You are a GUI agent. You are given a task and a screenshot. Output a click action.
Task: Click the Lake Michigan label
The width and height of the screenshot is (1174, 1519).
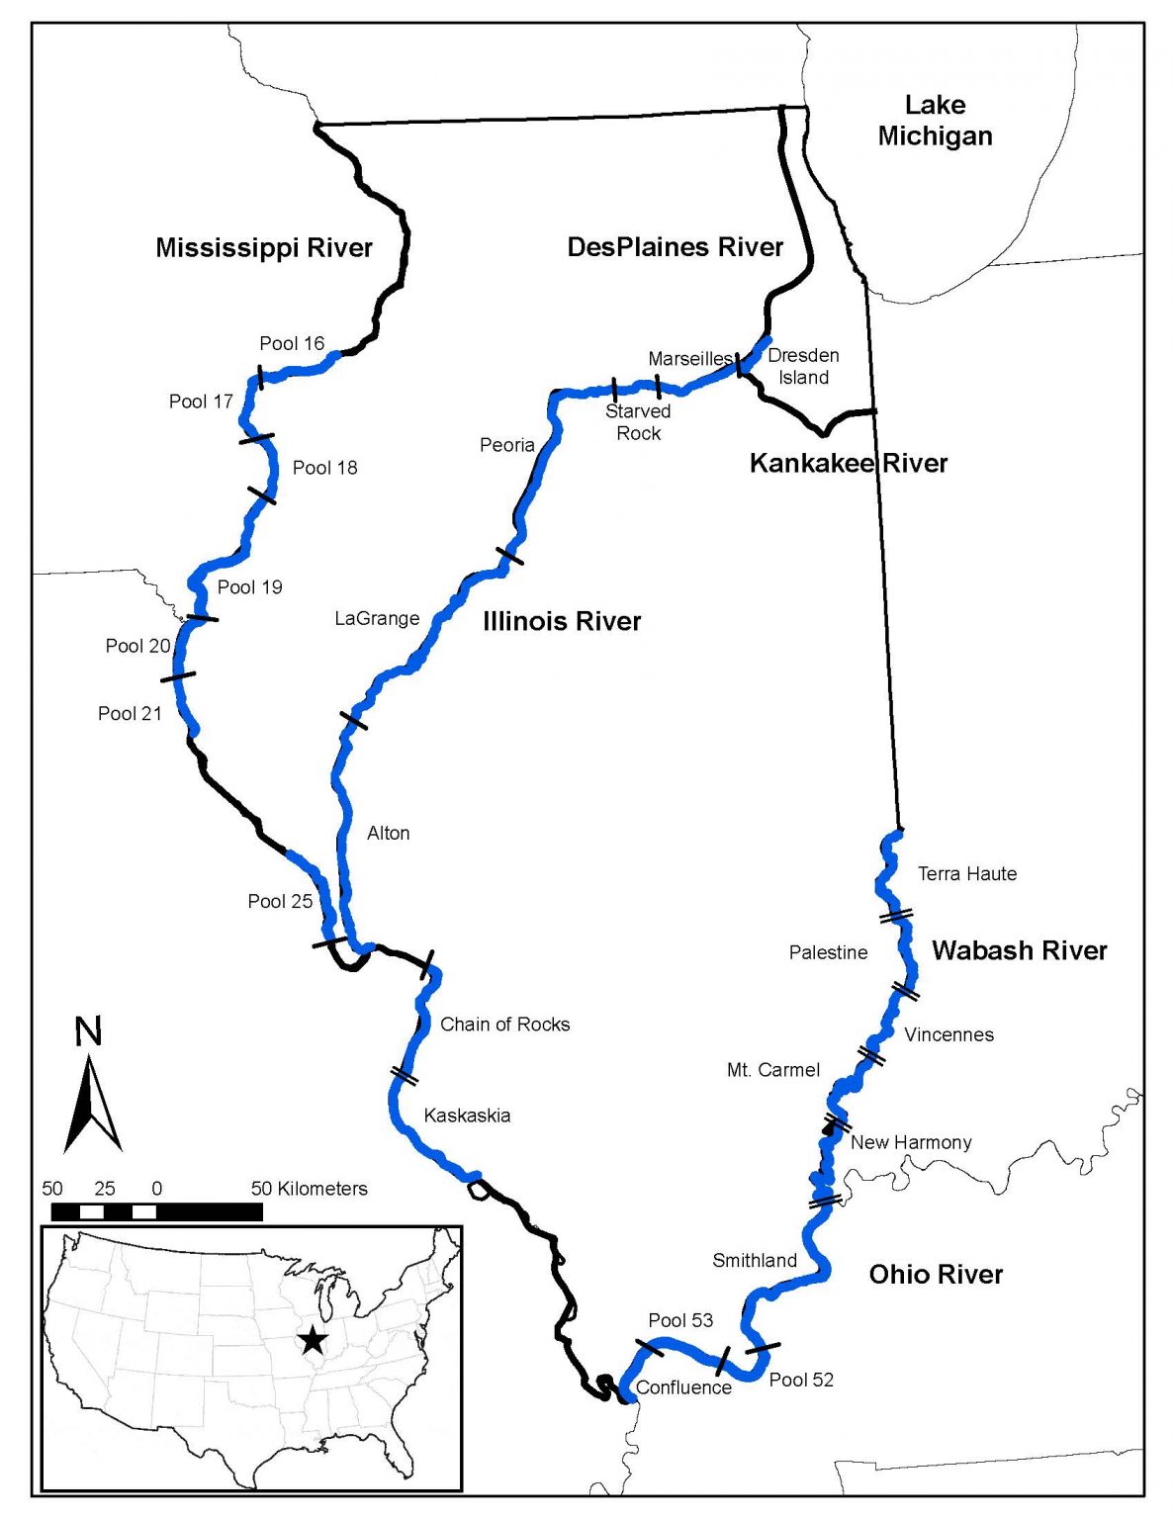pyautogui.click(x=935, y=121)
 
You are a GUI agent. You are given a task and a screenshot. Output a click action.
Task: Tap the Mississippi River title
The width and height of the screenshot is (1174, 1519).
pyautogui.click(x=264, y=247)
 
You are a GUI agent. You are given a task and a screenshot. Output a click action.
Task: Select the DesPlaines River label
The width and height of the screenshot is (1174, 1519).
pyautogui.click(x=675, y=247)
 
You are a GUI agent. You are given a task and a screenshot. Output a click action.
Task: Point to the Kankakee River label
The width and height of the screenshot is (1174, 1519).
pyautogui.click(x=848, y=463)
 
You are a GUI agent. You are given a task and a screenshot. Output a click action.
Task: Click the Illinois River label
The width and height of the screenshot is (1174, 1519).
pyautogui.click(x=562, y=621)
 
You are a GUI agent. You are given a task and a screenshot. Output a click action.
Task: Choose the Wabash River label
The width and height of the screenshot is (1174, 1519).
pyautogui.click(x=1019, y=950)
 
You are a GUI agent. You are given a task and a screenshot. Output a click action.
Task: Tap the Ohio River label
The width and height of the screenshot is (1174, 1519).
pyautogui.click(x=936, y=1274)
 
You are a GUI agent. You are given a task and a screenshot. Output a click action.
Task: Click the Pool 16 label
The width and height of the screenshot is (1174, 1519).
pyautogui.click(x=292, y=343)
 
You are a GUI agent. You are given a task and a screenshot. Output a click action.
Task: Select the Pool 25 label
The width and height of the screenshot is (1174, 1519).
pyautogui.click(x=280, y=901)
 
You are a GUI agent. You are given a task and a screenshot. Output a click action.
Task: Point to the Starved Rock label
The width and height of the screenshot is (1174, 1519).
pyautogui.click(x=638, y=422)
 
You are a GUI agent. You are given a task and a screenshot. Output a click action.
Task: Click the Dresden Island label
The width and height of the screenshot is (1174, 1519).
pyautogui.click(x=803, y=366)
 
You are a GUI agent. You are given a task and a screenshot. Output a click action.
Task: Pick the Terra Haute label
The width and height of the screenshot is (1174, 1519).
pyautogui.click(x=966, y=873)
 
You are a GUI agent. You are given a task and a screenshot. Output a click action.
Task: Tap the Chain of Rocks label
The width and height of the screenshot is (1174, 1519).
pyautogui.click(x=504, y=1025)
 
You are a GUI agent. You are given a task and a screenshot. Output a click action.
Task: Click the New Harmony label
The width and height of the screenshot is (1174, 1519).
pyautogui.click(x=911, y=1142)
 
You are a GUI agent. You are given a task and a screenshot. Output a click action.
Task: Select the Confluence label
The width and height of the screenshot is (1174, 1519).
pyautogui.click(x=683, y=1387)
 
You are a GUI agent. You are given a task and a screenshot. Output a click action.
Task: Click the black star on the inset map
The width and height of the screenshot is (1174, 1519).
pyautogui.click(x=314, y=1340)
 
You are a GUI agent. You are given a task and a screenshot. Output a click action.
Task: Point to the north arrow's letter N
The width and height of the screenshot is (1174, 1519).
pyautogui.click(x=88, y=1031)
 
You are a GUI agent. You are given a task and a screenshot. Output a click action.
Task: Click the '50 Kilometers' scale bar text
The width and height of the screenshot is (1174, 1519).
pyautogui.click(x=309, y=1189)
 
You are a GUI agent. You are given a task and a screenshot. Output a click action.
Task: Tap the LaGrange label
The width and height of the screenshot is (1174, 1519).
pyautogui.click(x=377, y=618)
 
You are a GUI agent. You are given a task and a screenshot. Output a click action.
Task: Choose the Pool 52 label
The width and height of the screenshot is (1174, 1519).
pyautogui.click(x=801, y=1380)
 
